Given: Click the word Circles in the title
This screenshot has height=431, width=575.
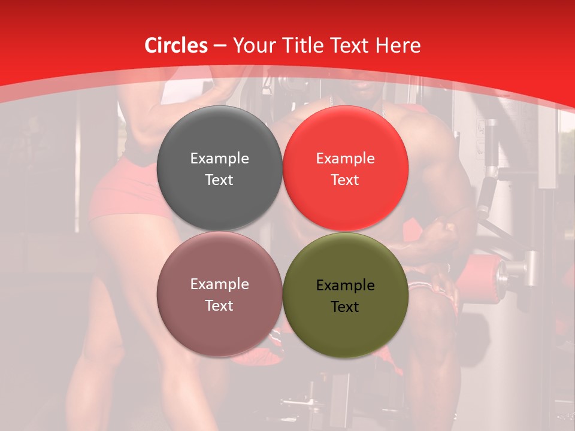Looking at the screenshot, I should point(176,45).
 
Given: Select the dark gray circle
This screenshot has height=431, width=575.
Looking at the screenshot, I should point(219,168).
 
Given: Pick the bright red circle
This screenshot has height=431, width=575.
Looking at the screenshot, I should point(346,168).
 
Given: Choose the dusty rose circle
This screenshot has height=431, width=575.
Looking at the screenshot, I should point(219,295).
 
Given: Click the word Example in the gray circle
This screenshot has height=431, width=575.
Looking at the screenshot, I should point(219,158).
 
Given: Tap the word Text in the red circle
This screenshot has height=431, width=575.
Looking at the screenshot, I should point(345,180).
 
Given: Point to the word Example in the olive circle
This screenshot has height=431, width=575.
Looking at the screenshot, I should point(345,286).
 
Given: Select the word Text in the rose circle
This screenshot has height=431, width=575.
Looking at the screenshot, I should point(219,305).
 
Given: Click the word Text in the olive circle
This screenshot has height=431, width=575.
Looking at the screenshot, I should point(345,307).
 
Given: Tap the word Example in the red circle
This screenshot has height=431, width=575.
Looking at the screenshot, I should point(345,158).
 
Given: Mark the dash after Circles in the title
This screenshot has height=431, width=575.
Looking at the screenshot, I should point(220,45).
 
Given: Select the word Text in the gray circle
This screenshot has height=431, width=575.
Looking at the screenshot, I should point(219,180).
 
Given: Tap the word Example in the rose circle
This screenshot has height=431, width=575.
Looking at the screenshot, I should point(219,284).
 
